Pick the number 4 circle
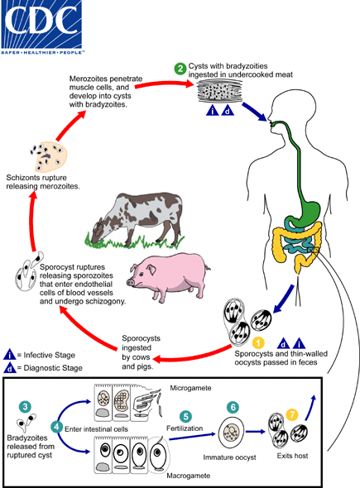[56, 426]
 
